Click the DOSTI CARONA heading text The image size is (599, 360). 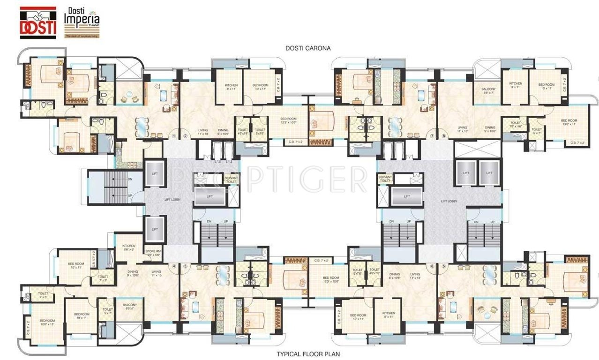(x=308, y=48)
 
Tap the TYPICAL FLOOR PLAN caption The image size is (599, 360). (x=308, y=354)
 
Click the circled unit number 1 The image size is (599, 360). (x=174, y=136)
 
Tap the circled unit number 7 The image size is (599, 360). (x=432, y=136)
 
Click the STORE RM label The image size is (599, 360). (x=153, y=253)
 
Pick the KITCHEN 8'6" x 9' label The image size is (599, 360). (x=129, y=247)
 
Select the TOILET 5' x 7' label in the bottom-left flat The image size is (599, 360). (x=108, y=311)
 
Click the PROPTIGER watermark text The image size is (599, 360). (x=270, y=180)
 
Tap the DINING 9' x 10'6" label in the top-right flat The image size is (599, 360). (x=490, y=130)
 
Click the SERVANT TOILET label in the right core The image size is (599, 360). (x=385, y=179)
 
